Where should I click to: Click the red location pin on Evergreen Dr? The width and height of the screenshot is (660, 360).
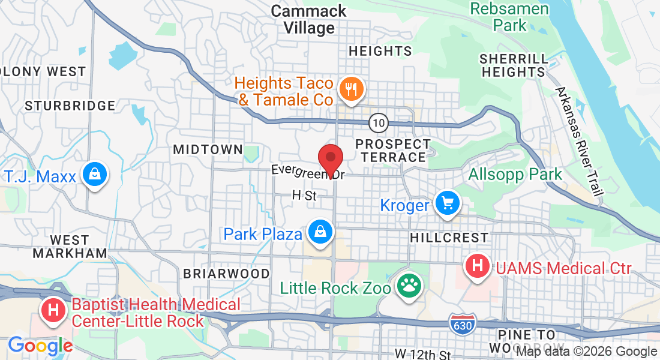click(x=330, y=159)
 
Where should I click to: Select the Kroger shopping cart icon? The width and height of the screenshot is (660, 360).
click(x=446, y=203)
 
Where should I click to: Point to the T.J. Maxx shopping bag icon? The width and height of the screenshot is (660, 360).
click(x=95, y=175)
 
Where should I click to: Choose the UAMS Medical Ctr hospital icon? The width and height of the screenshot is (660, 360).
click(x=478, y=266)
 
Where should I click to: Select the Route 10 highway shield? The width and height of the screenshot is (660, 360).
click(x=378, y=123)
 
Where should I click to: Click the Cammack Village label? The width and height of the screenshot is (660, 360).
click(x=308, y=19)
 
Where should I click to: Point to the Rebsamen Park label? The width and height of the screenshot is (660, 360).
click(x=509, y=17)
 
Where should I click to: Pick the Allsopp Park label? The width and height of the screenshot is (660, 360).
click(x=515, y=175)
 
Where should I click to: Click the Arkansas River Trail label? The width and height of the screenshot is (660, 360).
click(x=579, y=141)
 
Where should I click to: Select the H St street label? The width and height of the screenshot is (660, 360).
click(x=304, y=195)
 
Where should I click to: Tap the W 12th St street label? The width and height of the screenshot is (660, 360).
click(x=423, y=353)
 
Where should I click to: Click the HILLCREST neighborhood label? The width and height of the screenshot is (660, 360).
click(x=449, y=238)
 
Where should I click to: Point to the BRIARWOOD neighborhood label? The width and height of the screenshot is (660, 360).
click(x=226, y=274)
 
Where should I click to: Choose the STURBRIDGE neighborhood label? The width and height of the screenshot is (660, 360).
click(x=70, y=106)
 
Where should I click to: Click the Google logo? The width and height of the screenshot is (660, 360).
click(x=40, y=346)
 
